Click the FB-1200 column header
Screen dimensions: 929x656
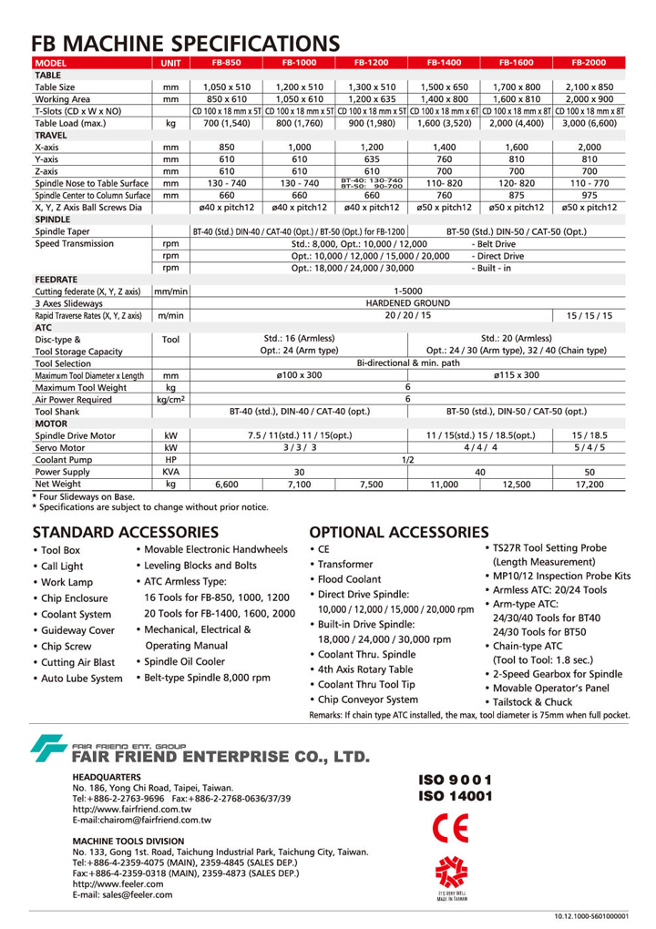click(x=370, y=63)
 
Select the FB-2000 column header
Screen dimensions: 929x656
click(x=589, y=63)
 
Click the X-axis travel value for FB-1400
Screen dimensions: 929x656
click(x=443, y=146)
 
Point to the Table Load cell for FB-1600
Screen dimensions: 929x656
click(x=517, y=122)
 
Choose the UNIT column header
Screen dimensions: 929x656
click(x=170, y=63)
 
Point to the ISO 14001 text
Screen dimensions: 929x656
click(x=456, y=795)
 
